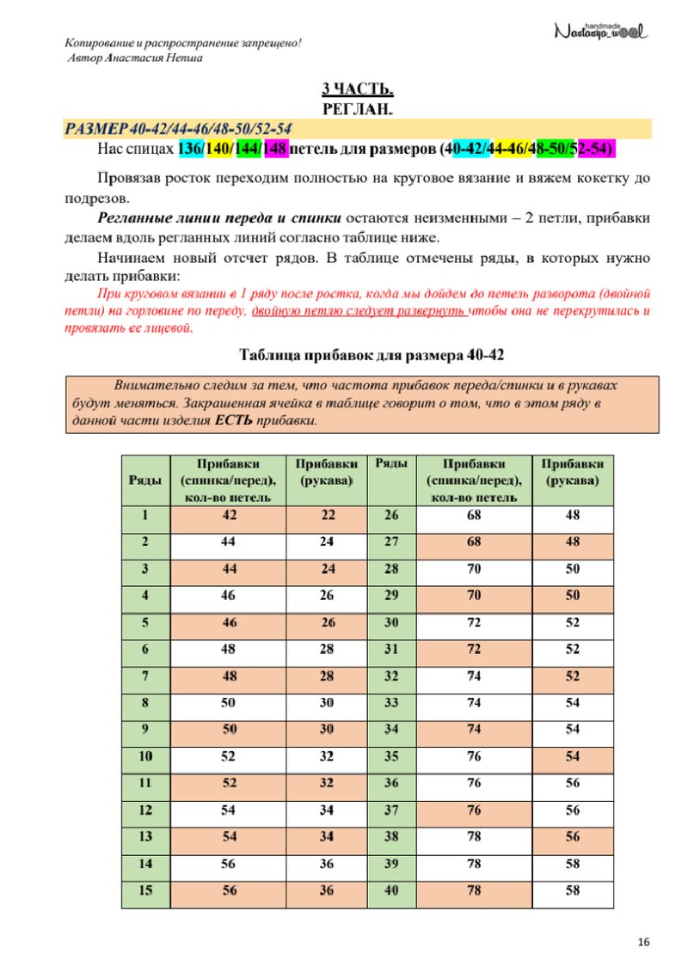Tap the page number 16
[x=643, y=943]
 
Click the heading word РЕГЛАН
[x=358, y=108]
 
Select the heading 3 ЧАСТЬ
[x=358, y=89]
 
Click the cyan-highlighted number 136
[x=191, y=149]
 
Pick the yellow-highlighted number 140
[x=218, y=149]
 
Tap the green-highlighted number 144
[x=248, y=149]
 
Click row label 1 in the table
[x=145, y=517]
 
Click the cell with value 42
[x=229, y=517]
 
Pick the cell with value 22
[x=328, y=517]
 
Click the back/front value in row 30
[x=474, y=623]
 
